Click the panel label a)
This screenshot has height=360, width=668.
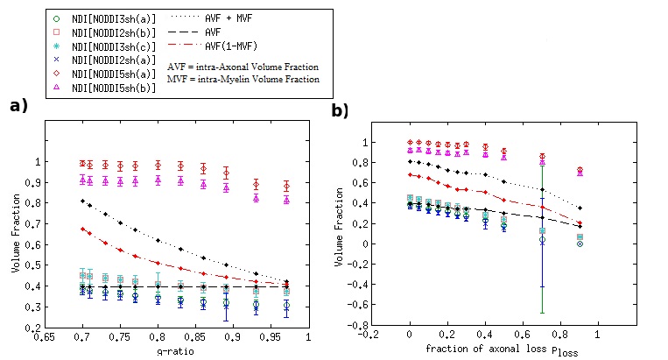18,106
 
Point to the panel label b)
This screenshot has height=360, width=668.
340,111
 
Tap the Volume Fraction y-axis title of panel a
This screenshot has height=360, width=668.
15,243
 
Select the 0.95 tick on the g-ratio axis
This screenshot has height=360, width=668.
271,336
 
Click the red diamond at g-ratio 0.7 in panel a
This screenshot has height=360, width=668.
82,163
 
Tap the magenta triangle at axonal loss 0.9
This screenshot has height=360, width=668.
579,173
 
